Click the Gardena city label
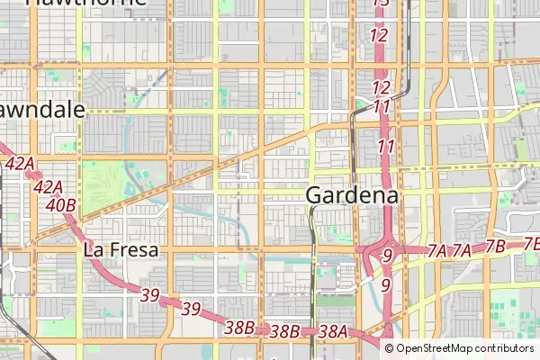pos(353,194)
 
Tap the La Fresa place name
pos(121,250)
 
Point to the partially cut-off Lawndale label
pos(41,111)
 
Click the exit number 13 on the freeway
pos(381,4)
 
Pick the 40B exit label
pos(60,205)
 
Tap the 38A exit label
pos(333,331)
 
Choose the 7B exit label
pos(495,247)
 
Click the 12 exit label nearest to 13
pos(379,36)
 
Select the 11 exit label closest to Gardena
pos(387,146)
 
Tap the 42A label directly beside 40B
pos(47,187)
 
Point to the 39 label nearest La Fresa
pos(149,294)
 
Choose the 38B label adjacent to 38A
pos(284,331)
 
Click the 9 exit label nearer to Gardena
pos(386,256)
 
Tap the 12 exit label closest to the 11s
pos(381,87)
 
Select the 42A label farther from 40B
pos(19,164)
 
